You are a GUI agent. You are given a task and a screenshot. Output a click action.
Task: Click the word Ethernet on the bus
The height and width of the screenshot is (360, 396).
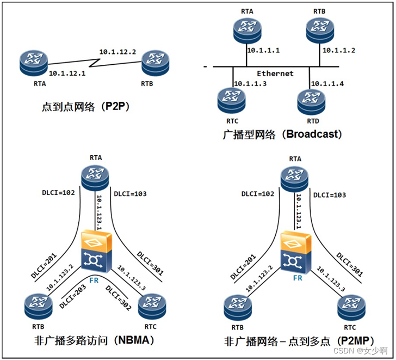275,73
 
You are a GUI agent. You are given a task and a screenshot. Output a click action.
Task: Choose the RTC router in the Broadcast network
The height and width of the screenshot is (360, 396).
232,99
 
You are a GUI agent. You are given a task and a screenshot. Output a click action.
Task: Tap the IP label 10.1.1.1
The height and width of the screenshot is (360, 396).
264,50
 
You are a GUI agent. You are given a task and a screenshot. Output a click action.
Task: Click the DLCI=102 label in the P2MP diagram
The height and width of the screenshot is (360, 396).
259,193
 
